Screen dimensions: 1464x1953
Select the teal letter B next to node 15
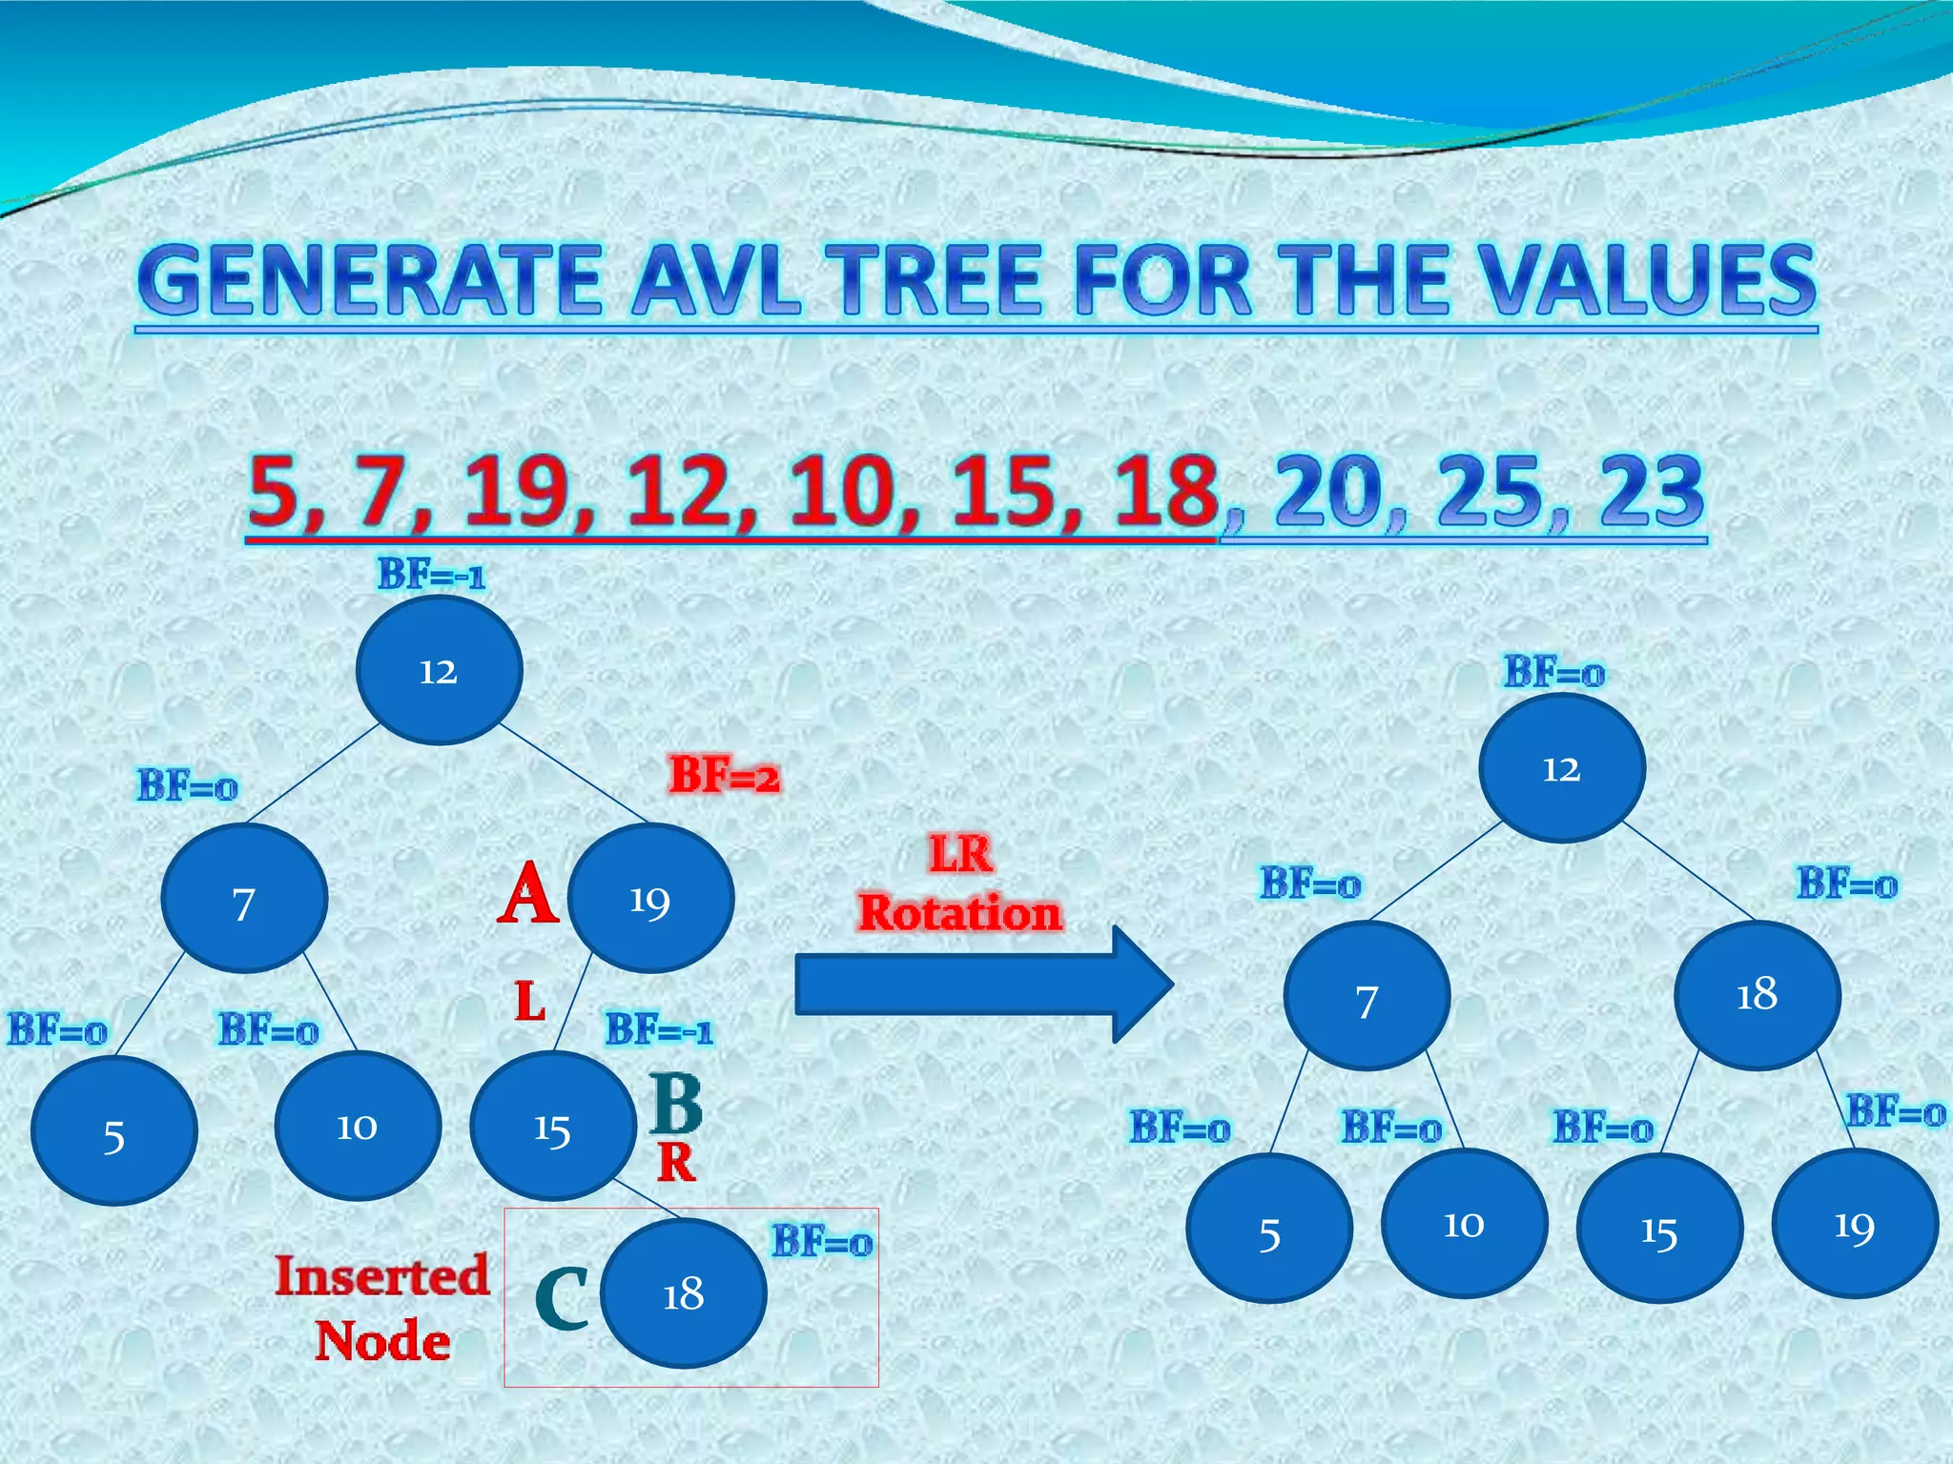(x=676, y=1103)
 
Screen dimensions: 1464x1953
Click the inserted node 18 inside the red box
(x=684, y=1293)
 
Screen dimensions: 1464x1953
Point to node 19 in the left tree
(x=650, y=899)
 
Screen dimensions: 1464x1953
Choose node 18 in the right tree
(x=1757, y=995)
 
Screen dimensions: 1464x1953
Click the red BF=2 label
(x=724, y=775)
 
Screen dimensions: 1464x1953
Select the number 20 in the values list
(x=1329, y=492)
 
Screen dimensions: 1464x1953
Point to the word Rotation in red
(x=959, y=913)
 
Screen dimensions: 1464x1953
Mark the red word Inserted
(x=381, y=1276)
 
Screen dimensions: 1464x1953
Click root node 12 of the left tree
(x=439, y=671)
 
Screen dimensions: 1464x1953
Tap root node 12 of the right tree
(x=1561, y=768)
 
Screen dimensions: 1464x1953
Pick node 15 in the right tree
(x=1659, y=1230)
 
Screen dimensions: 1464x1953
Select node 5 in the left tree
(x=114, y=1132)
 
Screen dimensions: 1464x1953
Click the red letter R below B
(x=676, y=1163)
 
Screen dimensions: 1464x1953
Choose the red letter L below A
(x=530, y=1002)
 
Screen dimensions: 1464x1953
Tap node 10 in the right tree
(x=1464, y=1224)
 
